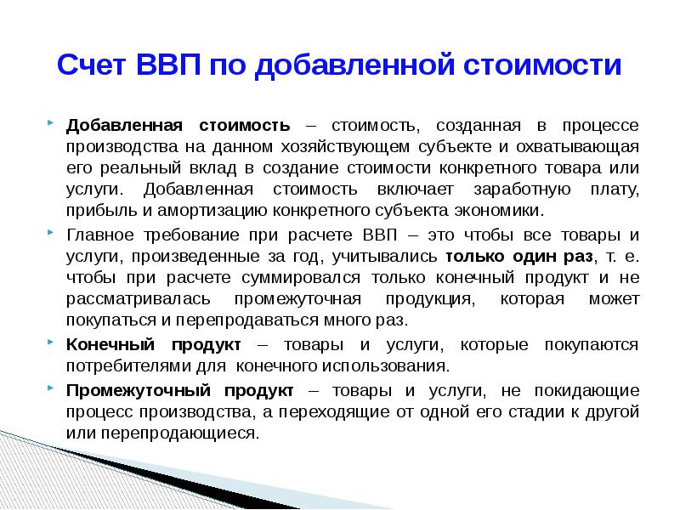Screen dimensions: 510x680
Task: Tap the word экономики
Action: coord(496,209)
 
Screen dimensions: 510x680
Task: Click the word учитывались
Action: coord(384,256)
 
